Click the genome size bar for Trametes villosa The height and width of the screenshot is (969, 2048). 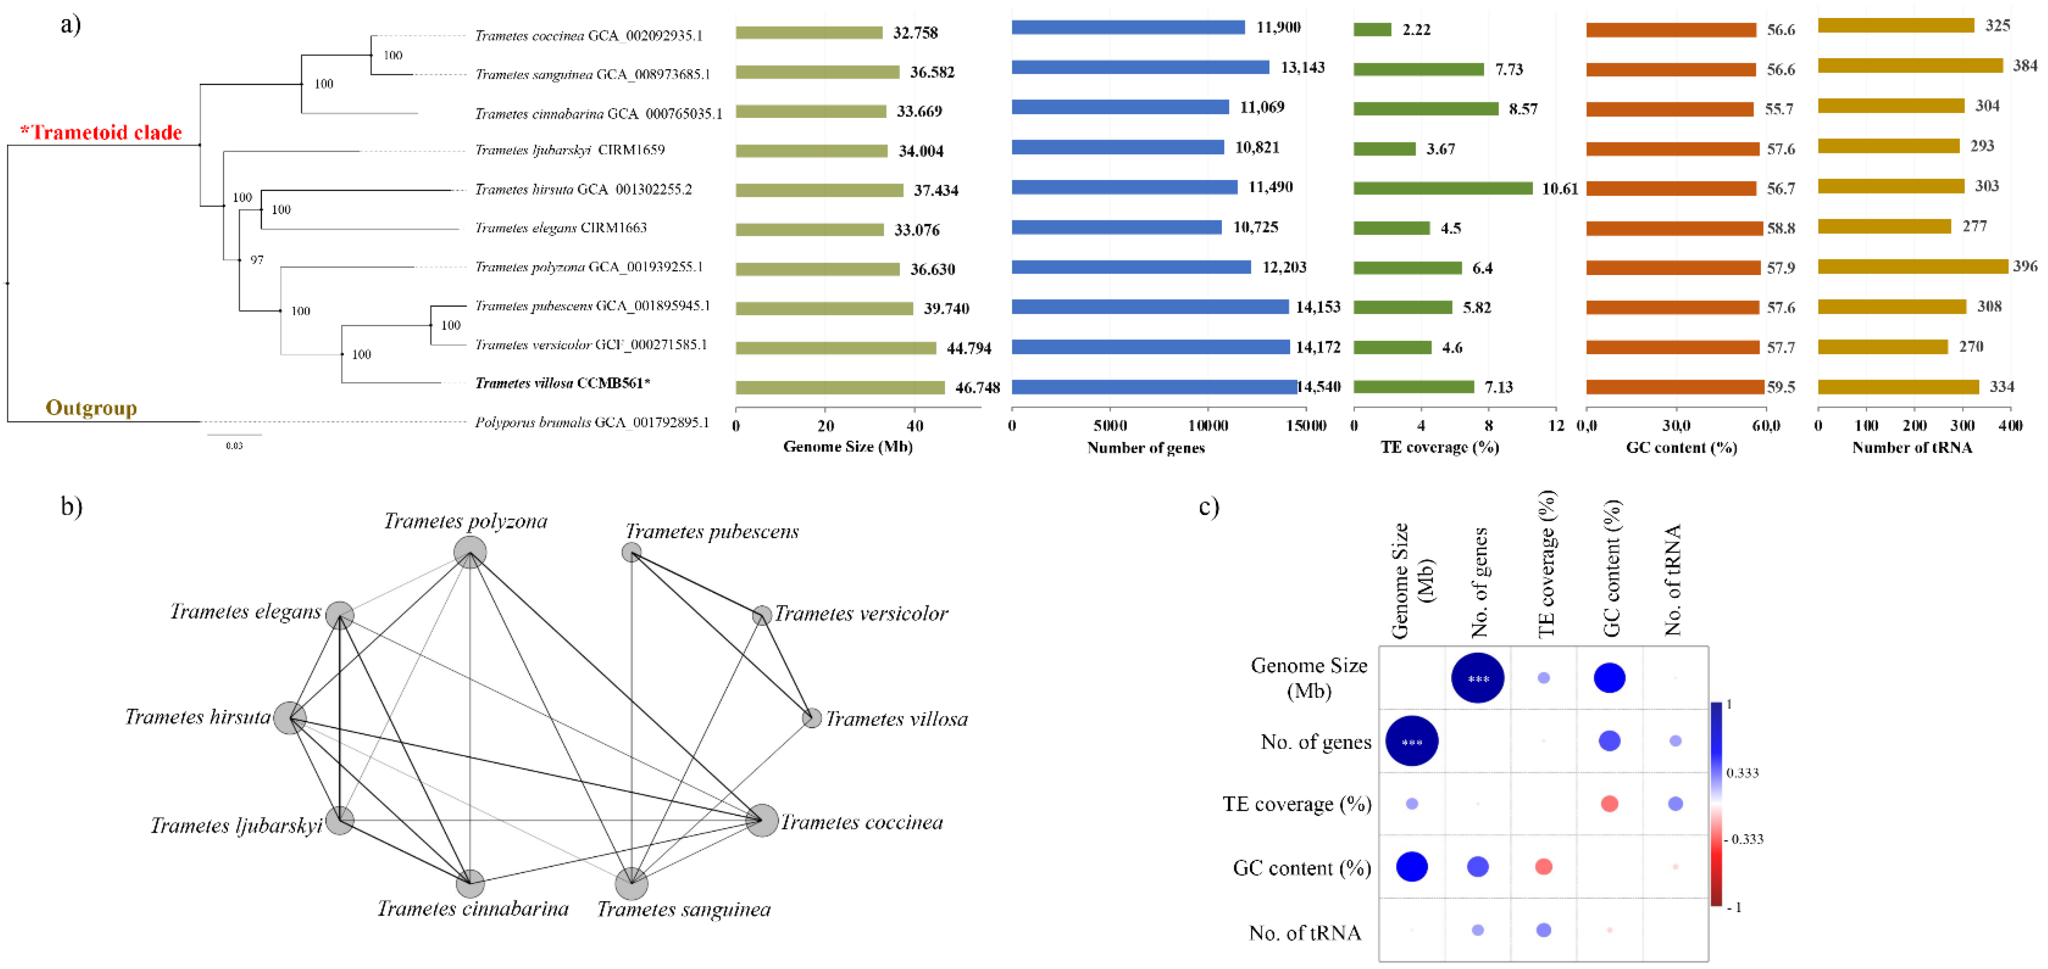840,387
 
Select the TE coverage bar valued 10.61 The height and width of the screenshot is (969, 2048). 1442,188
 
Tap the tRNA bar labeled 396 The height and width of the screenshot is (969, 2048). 1912,267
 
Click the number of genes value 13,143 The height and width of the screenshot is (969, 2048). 1302,68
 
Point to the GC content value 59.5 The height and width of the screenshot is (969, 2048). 1781,387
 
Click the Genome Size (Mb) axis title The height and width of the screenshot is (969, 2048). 847,447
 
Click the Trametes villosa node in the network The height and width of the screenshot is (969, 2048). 811,719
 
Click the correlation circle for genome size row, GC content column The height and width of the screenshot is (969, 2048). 1609,678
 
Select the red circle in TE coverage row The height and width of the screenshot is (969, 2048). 1609,804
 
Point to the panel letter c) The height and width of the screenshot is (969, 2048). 1208,507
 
